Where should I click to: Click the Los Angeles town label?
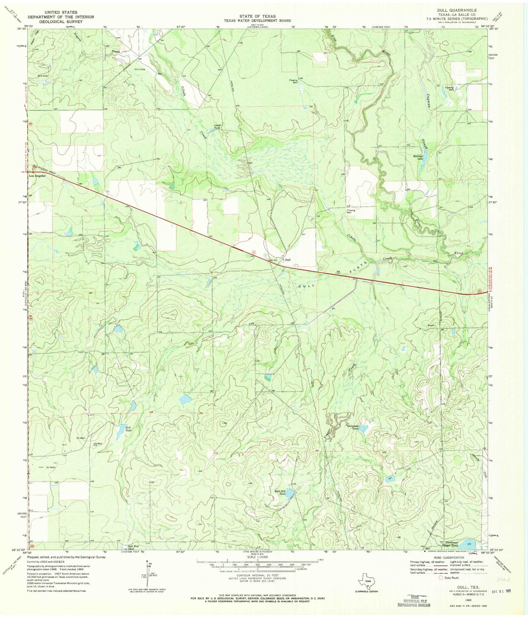[37, 176]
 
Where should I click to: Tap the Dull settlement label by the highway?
[288, 260]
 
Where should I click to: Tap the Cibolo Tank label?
[218, 127]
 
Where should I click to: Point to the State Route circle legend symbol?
[441, 577]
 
